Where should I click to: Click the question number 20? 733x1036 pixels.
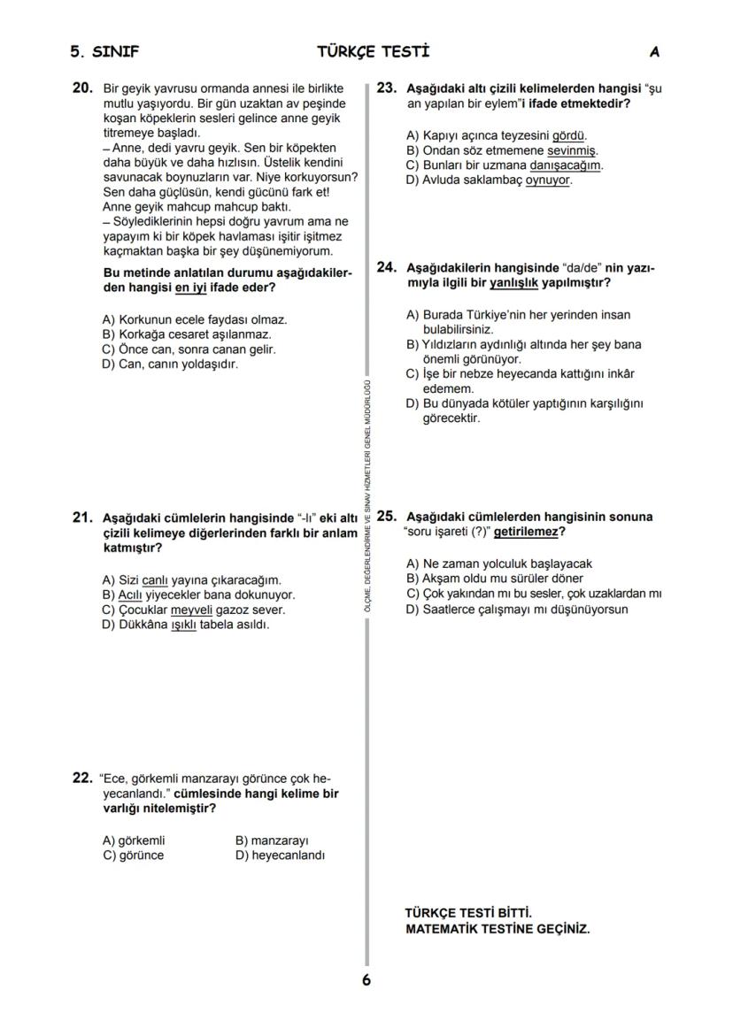coord(81,88)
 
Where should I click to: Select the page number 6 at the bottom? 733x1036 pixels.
coord(366,980)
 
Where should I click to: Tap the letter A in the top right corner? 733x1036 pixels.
coord(654,52)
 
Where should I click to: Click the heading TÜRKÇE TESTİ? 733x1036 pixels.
coord(373,52)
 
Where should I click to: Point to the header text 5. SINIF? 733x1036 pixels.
coord(104,52)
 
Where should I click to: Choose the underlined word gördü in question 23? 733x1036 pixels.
coord(568,136)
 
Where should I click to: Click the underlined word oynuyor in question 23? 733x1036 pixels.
coord(549,180)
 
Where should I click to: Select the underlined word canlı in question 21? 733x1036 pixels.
coord(155,580)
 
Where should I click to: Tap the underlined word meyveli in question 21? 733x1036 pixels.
coord(192,610)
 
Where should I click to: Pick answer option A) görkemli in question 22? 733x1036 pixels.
coord(134,840)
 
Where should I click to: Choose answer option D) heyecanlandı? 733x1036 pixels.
coord(280,856)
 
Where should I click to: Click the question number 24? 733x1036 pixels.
coord(386,266)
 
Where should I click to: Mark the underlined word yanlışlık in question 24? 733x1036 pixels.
coord(513,282)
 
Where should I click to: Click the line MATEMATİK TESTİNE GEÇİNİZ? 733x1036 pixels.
coord(497,929)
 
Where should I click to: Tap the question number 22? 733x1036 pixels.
coord(81,779)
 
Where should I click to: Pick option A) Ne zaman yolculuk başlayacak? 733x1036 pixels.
coord(498,564)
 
